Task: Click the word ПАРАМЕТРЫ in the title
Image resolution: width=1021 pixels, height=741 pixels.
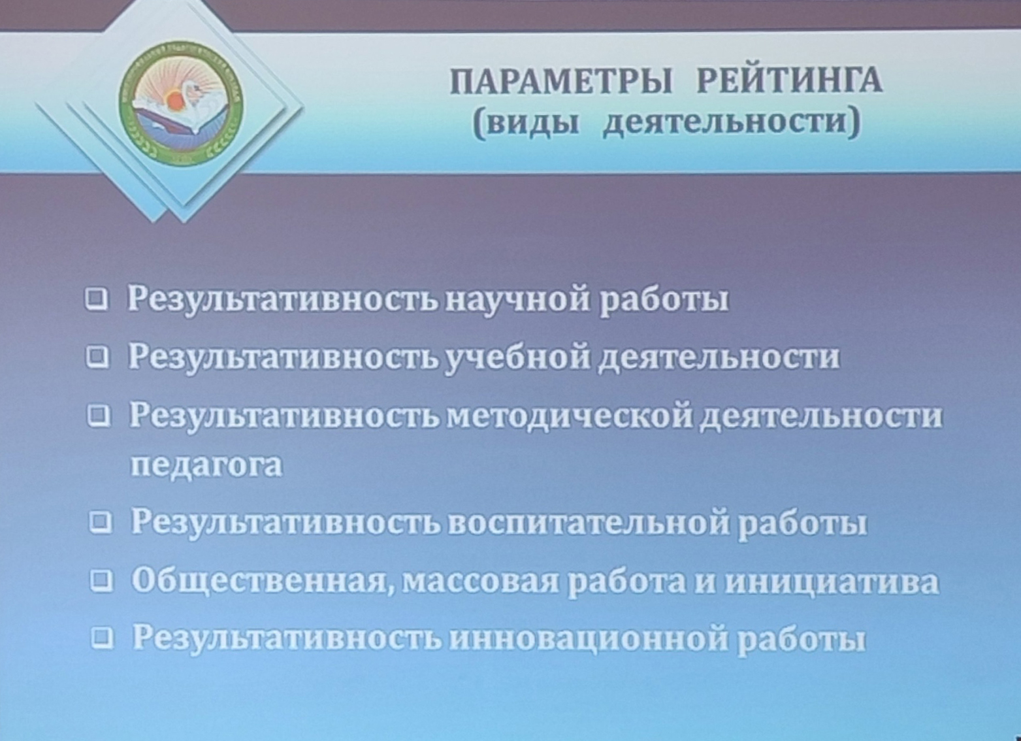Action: click(561, 82)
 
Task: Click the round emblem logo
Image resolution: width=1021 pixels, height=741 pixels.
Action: click(181, 103)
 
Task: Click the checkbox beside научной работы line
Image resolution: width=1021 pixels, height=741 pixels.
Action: click(97, 299)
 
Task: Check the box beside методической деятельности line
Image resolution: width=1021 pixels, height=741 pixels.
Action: click(98, 416)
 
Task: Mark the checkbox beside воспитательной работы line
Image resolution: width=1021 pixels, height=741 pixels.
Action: click(101, 523)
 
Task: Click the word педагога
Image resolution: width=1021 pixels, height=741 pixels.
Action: click(206, 466)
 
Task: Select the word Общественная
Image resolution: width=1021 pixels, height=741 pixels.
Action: click(263, 582)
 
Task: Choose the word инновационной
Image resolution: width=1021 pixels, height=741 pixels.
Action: click(589, 638)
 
